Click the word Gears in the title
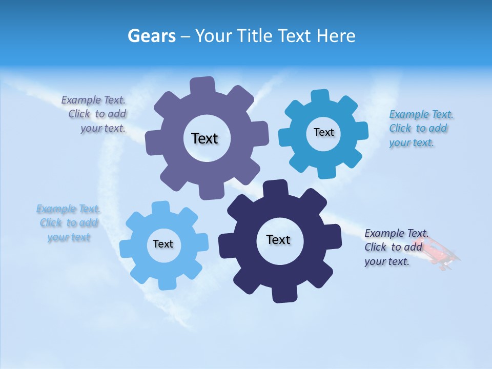point(151,36)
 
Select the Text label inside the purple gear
point(204,138)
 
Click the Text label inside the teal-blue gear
point(323,132)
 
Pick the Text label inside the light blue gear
point(163,244)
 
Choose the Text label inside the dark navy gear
point(278,239)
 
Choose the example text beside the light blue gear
point(68,223)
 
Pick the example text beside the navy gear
point(393,247)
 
